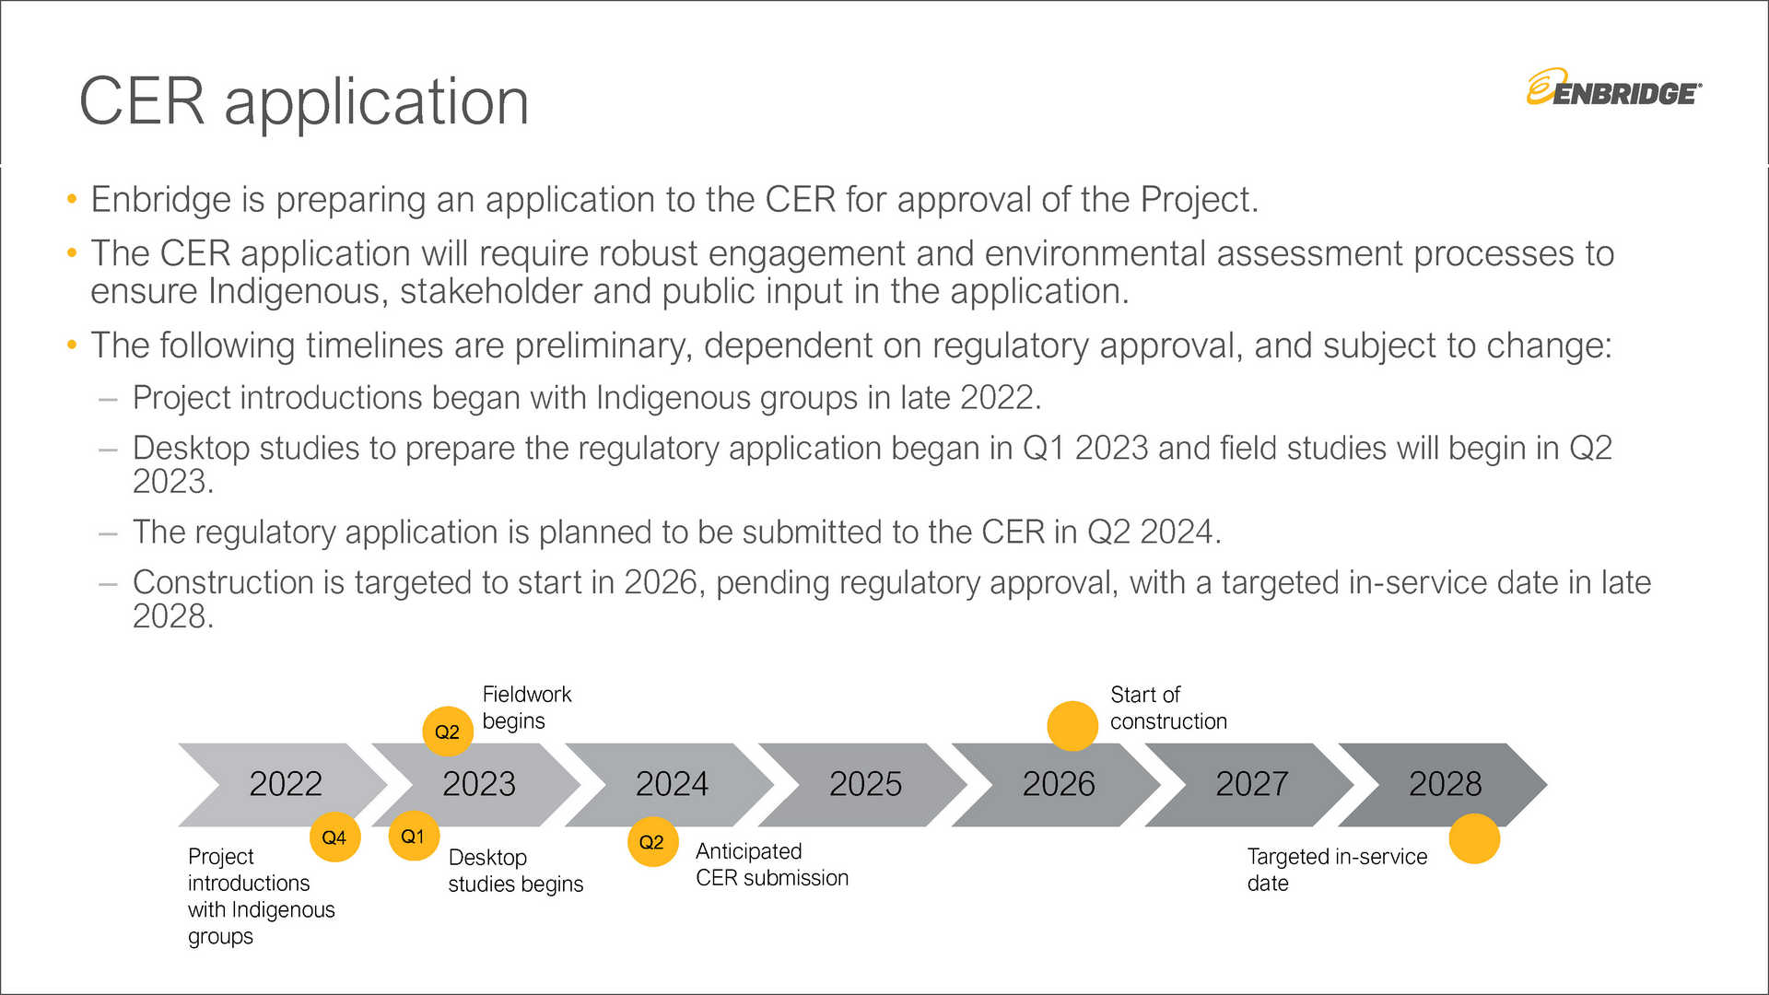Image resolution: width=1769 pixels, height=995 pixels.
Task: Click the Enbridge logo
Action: pos(1614,88)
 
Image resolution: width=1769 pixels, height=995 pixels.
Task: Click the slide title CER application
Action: pos(304,100)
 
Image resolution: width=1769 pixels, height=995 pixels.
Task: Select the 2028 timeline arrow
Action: pos(1443,784)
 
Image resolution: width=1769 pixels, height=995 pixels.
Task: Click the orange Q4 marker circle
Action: pos(334,837)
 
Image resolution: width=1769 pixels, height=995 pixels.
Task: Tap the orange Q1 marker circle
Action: pos(414,836)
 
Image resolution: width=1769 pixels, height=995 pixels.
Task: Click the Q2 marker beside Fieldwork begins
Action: pos(448,732)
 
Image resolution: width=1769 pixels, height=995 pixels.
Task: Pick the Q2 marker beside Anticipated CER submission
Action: pos(652,841)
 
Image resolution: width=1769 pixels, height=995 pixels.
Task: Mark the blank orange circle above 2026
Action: pos(1072,726)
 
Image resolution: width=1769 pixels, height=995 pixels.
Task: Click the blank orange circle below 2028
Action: pos(1474,838)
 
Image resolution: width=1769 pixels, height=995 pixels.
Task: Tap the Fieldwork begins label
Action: pos(527,708)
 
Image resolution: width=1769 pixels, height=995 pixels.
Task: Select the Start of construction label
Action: pos(1168,708)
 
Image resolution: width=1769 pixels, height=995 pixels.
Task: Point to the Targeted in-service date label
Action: pos(1337,870)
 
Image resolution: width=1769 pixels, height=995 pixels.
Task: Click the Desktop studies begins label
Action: pos(516,871)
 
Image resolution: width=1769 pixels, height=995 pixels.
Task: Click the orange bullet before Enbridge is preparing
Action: pos(72,199)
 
